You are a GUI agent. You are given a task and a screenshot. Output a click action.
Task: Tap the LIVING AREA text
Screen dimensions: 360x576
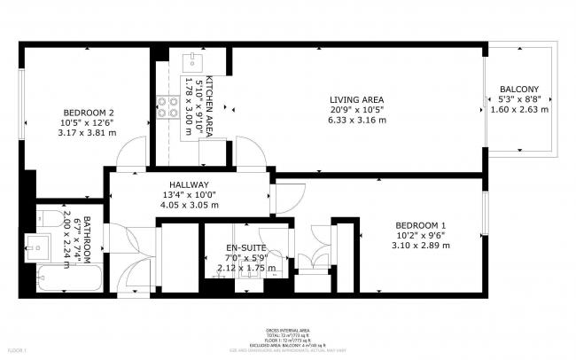tap(356, 99)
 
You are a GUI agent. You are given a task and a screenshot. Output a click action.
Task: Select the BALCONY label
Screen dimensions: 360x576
tap(519, 90)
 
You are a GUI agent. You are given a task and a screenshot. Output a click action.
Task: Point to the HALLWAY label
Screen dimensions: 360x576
tap(189, 184)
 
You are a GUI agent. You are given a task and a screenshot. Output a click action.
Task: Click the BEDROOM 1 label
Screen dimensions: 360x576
tap(419, 224)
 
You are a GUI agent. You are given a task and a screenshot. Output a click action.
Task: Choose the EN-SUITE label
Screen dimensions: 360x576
tap(245, 247)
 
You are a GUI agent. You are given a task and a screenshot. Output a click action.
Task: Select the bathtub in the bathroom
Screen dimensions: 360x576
tap(70, 282)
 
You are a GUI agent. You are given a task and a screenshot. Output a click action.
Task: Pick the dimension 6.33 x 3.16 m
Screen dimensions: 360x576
tap(356, 121)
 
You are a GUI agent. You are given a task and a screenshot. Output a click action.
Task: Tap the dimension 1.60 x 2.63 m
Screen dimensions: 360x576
tap(519, 110)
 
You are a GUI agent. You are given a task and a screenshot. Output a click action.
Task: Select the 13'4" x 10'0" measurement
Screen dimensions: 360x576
tap(189, 194)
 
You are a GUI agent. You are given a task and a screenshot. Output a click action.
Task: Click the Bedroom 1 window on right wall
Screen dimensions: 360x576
tap(485, 214)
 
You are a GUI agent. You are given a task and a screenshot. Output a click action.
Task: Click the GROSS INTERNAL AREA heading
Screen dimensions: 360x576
tap(288, 328)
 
